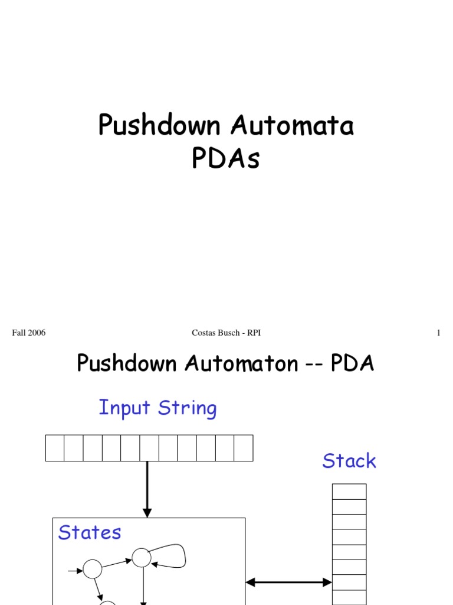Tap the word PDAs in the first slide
(226, 158)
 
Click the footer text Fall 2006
(29, 333)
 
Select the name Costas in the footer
(203, 333)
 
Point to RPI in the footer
(254, 333)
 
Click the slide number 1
(438, 333)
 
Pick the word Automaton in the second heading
(241, 363)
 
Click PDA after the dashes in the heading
(352, 363)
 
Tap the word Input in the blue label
(120, 408)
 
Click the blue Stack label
(349, 461)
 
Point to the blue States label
(90, 532)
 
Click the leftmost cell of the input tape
(55, 448)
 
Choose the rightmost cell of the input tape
(244, 448)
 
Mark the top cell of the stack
(349, 492)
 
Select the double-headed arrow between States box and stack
(288, 583)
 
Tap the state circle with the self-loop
(142, 557)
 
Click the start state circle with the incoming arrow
(93, 569)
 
